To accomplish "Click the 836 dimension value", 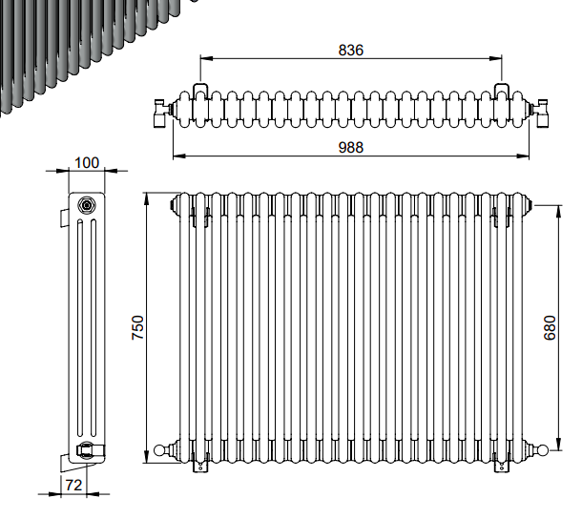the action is [351, 51].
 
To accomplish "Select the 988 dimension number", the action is [351, 148].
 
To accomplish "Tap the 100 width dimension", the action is [87, 162].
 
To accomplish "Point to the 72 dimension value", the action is [73, 485].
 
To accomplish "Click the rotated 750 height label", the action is [137, 327].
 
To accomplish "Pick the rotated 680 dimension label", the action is [550, 327].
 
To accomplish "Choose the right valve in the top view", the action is [540, 113].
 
